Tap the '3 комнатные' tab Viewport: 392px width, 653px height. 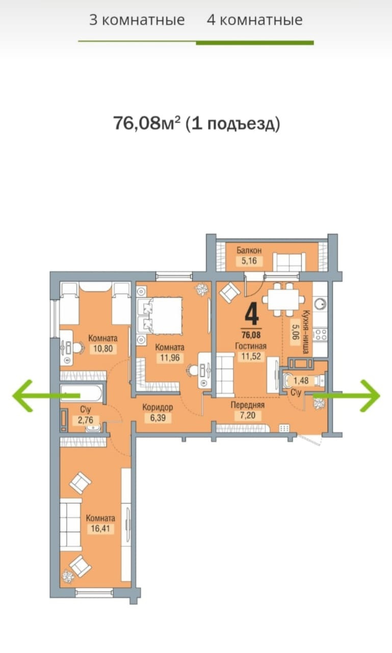pos(137,20)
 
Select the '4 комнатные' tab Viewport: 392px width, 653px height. pos(254,20)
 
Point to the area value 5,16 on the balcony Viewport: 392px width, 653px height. pos(249,260)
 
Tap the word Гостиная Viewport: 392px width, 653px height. pos(251,346)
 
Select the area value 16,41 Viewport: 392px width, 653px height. pos(100,529)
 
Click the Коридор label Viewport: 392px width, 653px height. pos(158,407)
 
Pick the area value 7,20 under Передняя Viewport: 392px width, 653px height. pos(248,416)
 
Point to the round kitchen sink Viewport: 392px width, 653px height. pos(321,305)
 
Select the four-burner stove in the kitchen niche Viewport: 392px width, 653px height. pos(320,334)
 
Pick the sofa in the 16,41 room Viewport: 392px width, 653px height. pos(70,524)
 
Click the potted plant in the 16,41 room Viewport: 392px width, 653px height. pos(67,576)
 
